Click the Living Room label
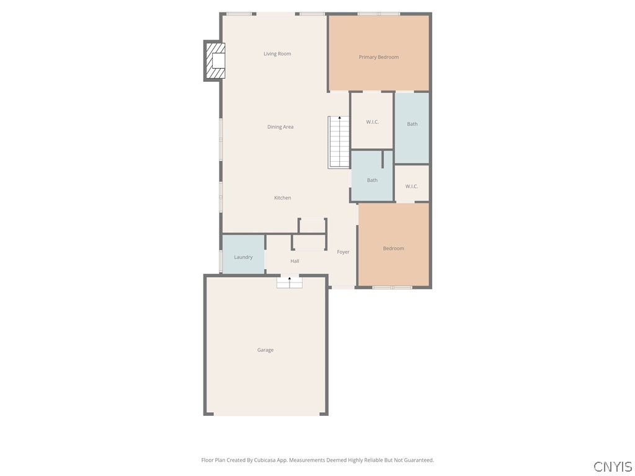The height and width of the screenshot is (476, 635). point(277,54)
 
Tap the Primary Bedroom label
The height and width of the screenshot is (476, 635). point(378,57)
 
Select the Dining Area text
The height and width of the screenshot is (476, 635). point(280,127)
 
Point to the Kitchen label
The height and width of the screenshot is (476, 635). point(283,198)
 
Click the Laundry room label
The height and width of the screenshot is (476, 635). point(243,257)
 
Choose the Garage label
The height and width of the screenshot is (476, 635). point(265,350)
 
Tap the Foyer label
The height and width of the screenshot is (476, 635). point(343,252)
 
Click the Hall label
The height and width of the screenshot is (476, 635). point(295,262)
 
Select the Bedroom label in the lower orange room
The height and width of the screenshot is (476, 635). point(393,249)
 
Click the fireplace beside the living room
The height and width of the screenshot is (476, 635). point(215,60)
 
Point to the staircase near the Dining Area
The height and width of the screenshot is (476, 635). point(339,143)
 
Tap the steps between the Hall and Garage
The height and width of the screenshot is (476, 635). point(289,283)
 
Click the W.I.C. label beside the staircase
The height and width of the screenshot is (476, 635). point(372,122)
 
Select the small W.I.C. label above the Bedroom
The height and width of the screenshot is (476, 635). point(412,187)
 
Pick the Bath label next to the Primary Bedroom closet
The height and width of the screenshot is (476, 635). point(412,124)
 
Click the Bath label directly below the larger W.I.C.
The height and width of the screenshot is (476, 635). point(372,180)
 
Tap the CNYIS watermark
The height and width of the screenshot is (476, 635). point(613,467)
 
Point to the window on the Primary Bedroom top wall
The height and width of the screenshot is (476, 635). point(378,14)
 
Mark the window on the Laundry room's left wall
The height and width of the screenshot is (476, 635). point(221,260)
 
